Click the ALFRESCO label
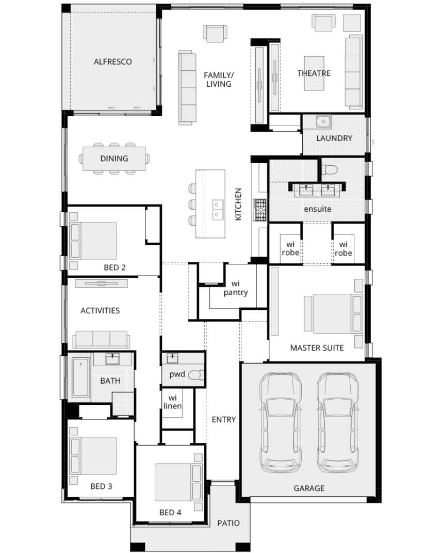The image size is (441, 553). point(112,61)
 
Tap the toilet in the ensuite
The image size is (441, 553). point(328,170)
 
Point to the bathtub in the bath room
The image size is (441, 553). point(80,377)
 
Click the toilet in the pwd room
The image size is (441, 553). point(195,375)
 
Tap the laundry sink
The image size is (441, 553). point(323,122)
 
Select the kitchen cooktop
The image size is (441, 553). point(259,210)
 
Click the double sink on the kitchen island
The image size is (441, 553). point(218,207)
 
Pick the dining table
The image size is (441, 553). point(115,159)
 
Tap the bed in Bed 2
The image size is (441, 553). point(93,241)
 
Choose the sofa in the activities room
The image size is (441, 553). point(101,339)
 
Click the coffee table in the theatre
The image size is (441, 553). point(314,73)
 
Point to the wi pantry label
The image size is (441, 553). point(236,288)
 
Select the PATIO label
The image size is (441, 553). point(228,523)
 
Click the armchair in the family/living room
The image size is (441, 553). point(215,34)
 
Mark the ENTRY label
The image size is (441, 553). point(224,419)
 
